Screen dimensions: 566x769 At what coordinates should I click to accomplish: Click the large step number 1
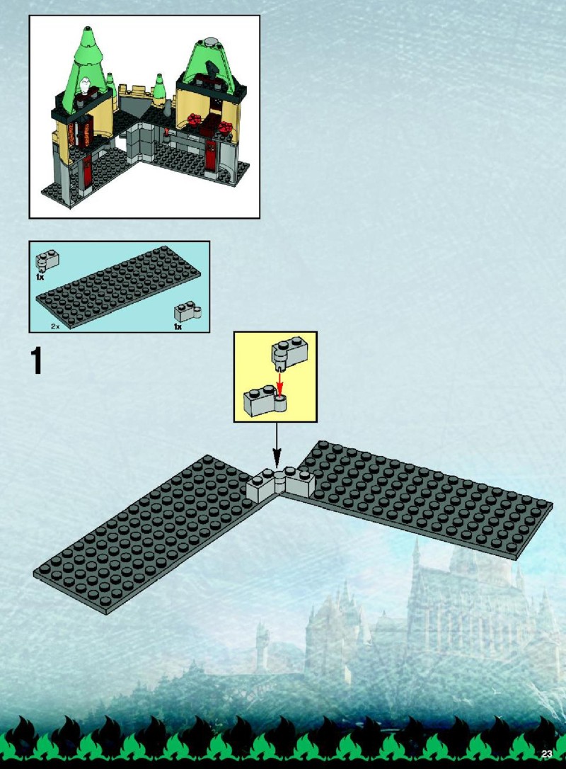coord(36,360)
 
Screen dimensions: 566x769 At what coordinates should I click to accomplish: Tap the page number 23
coord(547,754)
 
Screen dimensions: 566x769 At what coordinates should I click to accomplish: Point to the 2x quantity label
coord(55,326)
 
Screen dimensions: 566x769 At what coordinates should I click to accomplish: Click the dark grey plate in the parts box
coord(118,287)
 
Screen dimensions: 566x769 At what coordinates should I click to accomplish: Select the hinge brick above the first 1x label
coord(47,261)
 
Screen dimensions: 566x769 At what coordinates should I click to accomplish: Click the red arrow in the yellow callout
coord(280,384)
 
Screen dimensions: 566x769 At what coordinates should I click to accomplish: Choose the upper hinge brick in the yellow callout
coord(289,353)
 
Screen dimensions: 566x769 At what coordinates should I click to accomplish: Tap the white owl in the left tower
coord(86,86)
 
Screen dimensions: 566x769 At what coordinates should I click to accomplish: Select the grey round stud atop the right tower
coord(212,42)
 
